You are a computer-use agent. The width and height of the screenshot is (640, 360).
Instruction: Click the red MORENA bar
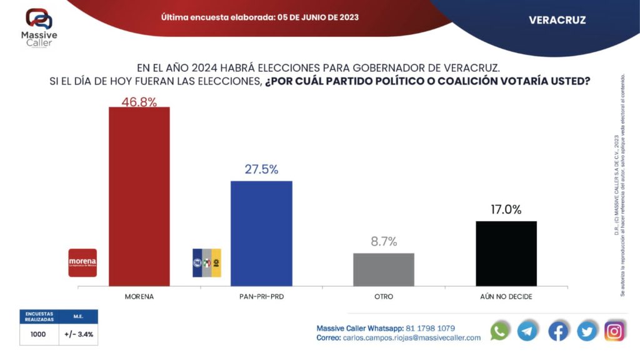[139, 196]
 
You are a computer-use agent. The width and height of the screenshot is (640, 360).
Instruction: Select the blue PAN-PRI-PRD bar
[261, 233]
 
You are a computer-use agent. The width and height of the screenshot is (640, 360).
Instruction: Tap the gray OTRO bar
[383, 269]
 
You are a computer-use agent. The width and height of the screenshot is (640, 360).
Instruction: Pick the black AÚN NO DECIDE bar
[506, 253]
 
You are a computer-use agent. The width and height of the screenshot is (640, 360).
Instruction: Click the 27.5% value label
[261, 169]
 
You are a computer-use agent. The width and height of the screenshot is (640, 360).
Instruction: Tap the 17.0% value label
[506, 210]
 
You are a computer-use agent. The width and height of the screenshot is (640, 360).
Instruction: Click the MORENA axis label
[139, 296]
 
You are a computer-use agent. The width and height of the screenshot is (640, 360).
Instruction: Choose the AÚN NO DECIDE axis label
[506, 296]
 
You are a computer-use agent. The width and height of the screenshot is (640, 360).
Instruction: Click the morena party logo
[82, 262]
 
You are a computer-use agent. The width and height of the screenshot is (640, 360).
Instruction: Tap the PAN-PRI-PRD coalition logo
[206, 262]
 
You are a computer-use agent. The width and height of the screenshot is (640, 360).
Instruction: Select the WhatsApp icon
[500, 331]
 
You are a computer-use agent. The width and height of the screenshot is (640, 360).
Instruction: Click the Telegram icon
[528, 331]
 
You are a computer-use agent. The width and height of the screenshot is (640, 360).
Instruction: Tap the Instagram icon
[615, 331]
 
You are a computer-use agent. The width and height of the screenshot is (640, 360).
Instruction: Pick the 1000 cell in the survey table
[39, 334]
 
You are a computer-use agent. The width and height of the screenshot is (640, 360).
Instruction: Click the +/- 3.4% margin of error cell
[79, 334]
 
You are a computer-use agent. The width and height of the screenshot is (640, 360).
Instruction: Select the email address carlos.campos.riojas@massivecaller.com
[412, 337]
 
